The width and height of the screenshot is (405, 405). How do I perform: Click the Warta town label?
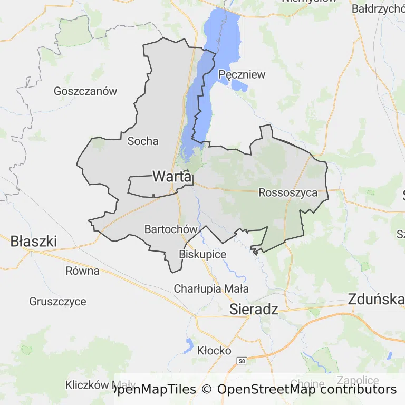[171, 177]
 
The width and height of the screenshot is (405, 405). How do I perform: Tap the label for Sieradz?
[254, 310]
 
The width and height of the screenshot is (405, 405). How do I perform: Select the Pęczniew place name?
[242, 74]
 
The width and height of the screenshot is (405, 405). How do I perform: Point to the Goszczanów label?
[85, 91]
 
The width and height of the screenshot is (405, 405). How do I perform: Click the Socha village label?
[143, 141]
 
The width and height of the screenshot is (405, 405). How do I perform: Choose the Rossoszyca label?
[288, 193]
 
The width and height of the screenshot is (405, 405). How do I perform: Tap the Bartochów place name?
[171, 229]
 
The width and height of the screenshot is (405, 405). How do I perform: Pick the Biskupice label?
[202, 255]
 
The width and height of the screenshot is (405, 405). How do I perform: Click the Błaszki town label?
[34, 242]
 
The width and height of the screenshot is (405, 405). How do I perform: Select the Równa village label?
[83, 271]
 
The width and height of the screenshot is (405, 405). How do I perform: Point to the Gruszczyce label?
[57, 302]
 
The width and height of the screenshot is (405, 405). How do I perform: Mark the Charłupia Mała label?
[211, 289]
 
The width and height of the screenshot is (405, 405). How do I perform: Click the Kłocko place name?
[214, 350]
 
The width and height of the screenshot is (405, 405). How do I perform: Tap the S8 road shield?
[242, 361]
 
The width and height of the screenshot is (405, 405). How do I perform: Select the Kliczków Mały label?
[100, 385]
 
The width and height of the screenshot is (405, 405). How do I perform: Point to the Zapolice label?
[358, 381]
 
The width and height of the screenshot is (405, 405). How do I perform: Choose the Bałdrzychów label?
[378, 9]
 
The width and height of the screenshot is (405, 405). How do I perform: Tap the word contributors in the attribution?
[357, 390]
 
